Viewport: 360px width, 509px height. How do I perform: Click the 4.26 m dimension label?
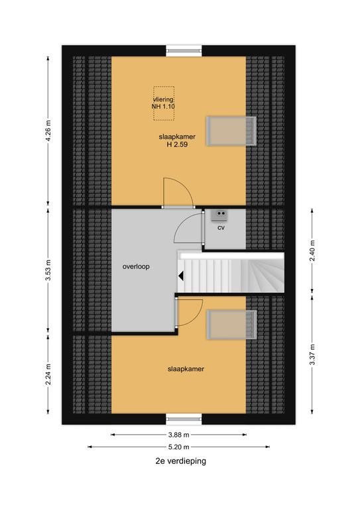tap(48, 131)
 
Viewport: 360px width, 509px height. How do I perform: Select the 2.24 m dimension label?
tap(48, 374)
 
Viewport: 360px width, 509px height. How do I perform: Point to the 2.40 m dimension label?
tap(312, 251)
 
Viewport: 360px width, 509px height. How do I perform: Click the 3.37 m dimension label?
tap(312, 354)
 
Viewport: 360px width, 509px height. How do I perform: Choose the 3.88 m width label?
tap(178, 435)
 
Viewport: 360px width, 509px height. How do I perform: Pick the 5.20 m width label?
tap(178, 447)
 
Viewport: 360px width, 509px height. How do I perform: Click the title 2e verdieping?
tap(180, 461)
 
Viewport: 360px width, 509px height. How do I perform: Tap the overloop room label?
tap(136, 266)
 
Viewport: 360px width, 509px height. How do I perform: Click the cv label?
tap(221, 228)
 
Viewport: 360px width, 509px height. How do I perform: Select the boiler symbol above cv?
tap(219, 215)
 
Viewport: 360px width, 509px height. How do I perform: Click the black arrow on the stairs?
tap(181, 276)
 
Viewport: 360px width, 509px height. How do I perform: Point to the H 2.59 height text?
tap(177, 144)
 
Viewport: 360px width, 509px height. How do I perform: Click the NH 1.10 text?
tap(163, 107)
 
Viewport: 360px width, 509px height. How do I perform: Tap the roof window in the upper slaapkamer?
tap(231, 131)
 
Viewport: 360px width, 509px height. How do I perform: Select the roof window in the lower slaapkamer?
tap(232, 325)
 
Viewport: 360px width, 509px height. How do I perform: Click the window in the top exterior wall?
tap(184, 50)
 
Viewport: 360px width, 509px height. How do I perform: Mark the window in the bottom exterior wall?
tap(184, 419)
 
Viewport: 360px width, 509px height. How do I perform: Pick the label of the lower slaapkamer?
tap(186, 368)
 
